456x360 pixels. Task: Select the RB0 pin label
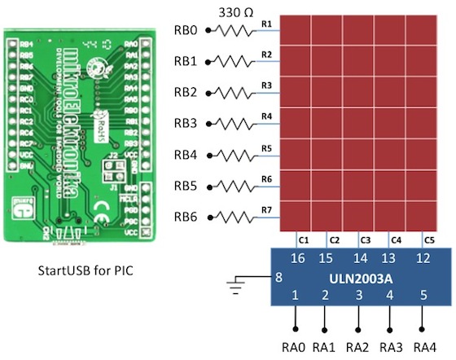pyautogui.click(x=186, y=31)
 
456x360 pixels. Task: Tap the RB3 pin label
pyautogui.click(x=186, y=124)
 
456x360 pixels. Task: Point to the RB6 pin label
pyautogui.click(x=186, y=217)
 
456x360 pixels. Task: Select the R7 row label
pyautogui.click(x=266, y=210)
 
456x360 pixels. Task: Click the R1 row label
pyautogui.click(x=266, y=24)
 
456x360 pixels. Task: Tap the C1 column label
pyautogui.click(x=303, y=240)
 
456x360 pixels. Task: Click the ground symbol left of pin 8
pyautogui.click(x=235, y=286)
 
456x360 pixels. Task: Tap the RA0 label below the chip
pyautogui.click(x=295, y=348)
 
